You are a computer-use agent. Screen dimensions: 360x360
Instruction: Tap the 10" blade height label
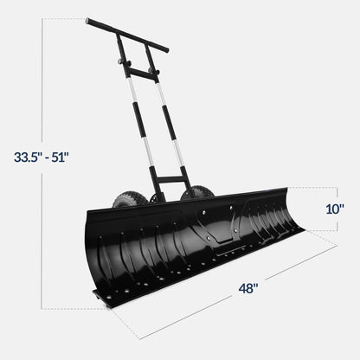[337, 209]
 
